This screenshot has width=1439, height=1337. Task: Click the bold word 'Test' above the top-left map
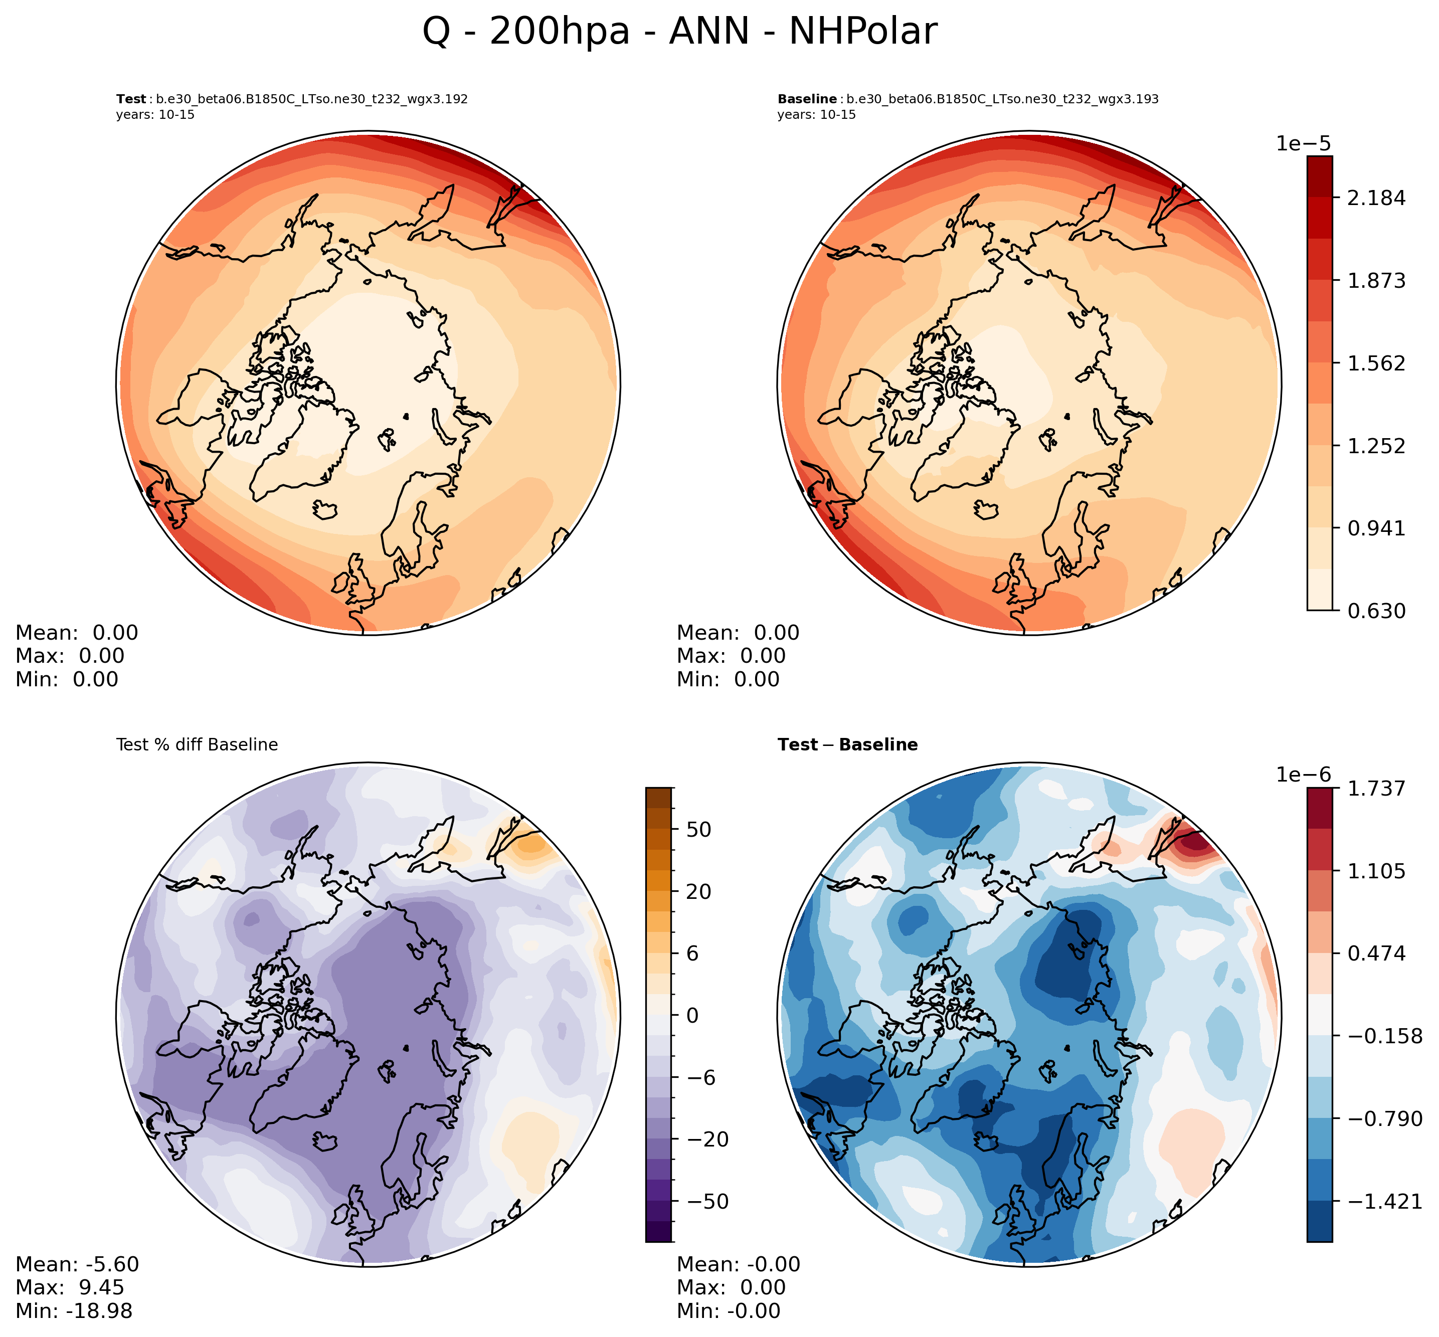(130, 99)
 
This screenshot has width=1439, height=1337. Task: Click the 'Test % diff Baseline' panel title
(197, 744)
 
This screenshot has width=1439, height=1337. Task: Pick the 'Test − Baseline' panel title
(847, 744)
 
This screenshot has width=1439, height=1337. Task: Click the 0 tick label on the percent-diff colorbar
(692, 1015)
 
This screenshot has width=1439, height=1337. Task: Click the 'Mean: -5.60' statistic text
(77, 1264)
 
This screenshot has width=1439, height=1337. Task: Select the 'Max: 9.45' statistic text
(70, 1287)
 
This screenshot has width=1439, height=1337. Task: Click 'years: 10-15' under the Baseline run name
(816, 115)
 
